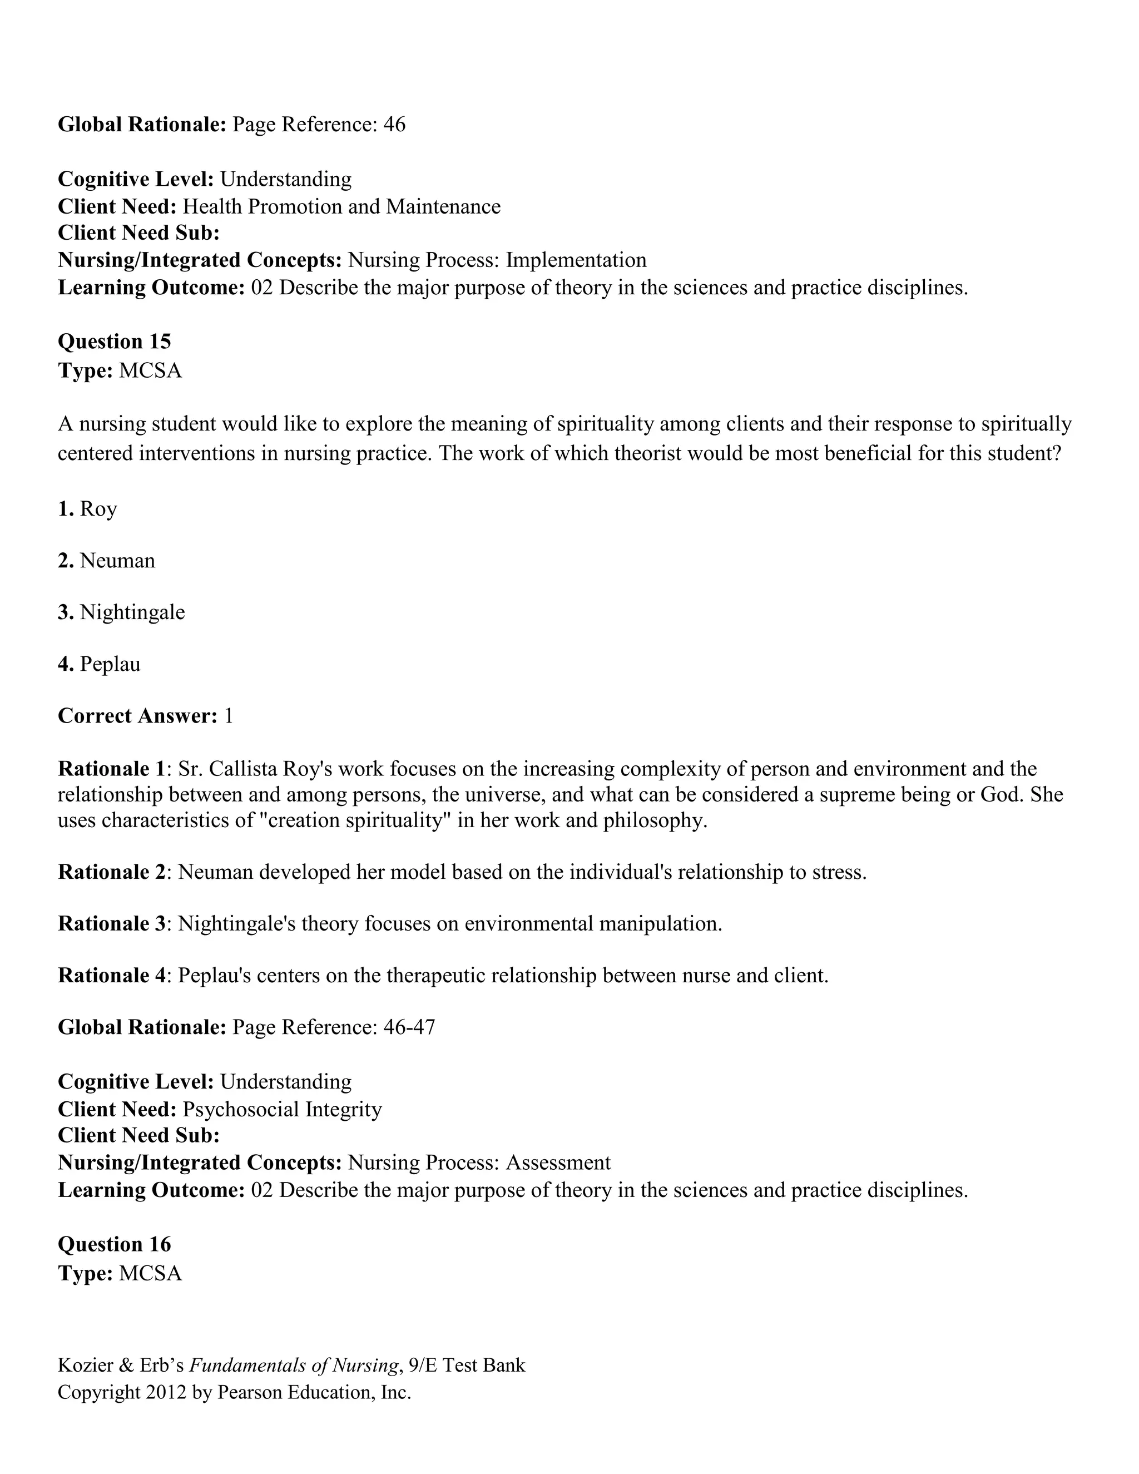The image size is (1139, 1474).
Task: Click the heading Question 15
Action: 114,342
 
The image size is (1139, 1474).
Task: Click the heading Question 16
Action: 114,1244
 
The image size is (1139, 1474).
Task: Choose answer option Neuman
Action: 117,560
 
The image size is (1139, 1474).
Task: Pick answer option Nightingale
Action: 132,612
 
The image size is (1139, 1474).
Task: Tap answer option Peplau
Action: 110,664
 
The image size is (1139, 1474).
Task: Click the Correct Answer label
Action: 137,715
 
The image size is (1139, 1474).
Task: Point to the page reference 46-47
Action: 409,1027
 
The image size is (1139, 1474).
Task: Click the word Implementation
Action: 576,260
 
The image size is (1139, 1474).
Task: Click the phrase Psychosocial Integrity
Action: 282,1109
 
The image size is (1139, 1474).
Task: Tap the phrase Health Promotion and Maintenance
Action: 341,206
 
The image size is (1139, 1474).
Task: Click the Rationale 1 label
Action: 111,769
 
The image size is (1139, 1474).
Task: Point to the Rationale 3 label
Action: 111,923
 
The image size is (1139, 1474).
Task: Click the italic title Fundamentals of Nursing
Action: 293,1366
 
